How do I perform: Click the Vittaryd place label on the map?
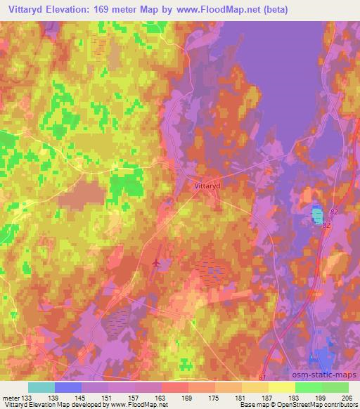pos(206,187)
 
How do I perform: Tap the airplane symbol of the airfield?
pos(155,264)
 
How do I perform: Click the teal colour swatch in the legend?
pos(42,387)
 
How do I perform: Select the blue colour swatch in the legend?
pos(68,387)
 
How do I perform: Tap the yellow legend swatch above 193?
pos(281,387)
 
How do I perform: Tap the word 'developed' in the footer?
pos(89,405)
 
